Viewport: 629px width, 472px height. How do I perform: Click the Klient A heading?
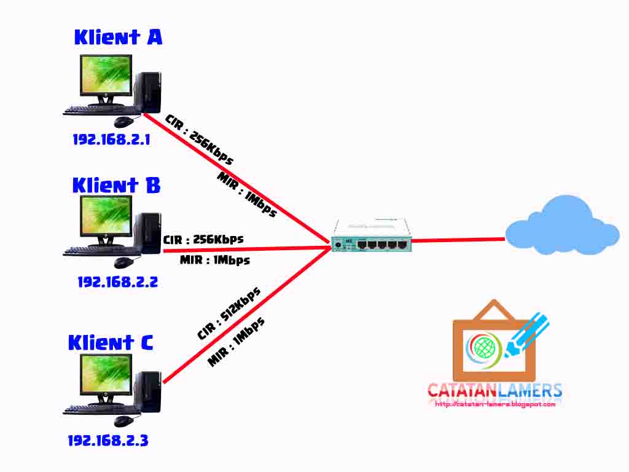(118, 37)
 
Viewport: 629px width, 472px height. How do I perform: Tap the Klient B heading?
(116, 185)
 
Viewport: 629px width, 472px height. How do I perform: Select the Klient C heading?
(111, 342)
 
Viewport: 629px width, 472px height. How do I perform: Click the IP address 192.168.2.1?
(111, 140)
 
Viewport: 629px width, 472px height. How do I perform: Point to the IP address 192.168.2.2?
(117, 282)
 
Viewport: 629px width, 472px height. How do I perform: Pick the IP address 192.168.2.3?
(107, 440)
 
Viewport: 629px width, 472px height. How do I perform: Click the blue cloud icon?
(561, 226)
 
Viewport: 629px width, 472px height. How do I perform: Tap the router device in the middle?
(370, 237)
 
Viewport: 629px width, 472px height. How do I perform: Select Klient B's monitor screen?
(106, 219)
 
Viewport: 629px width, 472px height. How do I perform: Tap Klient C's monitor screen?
(106, 374)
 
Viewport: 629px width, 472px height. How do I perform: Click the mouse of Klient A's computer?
(123, 121)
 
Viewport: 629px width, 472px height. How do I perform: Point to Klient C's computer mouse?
(123, 421)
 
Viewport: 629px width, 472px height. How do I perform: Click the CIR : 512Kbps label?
(229, 313)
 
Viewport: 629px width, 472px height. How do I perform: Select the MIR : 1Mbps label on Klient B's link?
(215, 260)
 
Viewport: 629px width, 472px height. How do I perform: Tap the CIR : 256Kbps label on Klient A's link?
(199, 140)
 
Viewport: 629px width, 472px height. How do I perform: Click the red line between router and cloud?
(458, 240)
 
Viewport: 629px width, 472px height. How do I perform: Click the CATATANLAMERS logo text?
(494, 390)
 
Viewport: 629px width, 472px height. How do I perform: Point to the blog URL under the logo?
(495, 404)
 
